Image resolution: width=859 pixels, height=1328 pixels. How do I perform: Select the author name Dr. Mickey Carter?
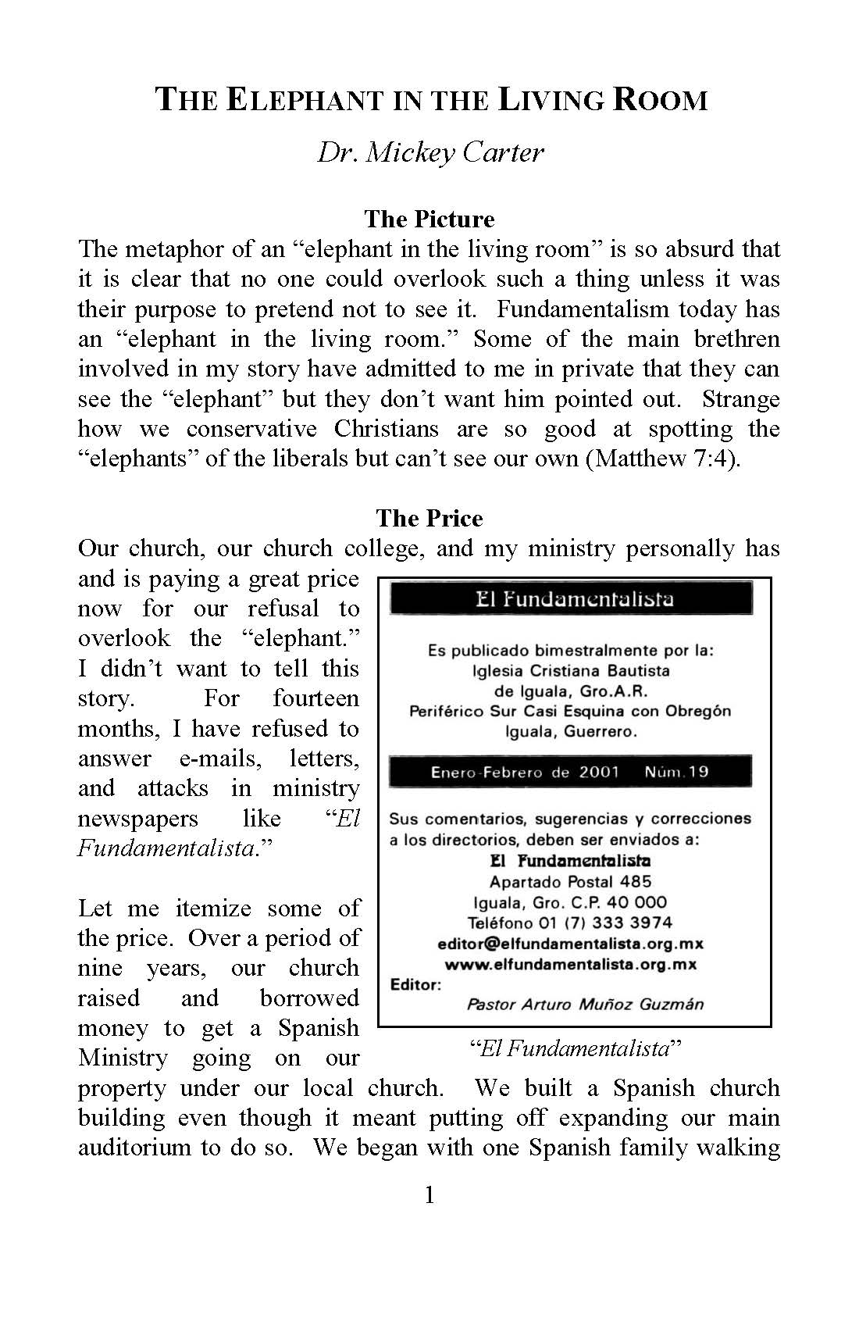click(x=430, y=152)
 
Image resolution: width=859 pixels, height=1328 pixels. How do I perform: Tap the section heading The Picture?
click(x=429, y=219)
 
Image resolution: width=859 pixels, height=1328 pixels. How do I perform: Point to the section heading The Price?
click(x=429, y=518)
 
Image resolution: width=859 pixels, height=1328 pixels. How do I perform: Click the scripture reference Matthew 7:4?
click(x=664, y=459)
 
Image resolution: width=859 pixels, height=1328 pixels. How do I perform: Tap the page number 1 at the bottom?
click(x=429, y=1195)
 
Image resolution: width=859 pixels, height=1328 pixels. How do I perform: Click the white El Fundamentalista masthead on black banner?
click(x=574, y=599)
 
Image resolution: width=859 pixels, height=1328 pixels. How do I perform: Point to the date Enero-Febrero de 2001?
click(x=525, y=773)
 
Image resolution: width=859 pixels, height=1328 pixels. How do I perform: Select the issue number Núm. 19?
click(x=676, y=773)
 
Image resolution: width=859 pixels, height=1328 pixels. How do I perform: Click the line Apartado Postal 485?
click(x=570, y=882)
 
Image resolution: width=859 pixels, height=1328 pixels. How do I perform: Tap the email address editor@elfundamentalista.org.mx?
click(x=570, y=944)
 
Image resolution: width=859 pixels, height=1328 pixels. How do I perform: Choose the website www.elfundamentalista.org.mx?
click(x=570, y=964)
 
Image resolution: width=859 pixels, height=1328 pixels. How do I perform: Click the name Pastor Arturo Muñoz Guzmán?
click(x=585, y=1005)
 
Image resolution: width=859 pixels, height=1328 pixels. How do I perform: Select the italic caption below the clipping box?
click(x=575, y=1048)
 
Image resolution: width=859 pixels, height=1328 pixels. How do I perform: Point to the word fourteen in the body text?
click(x=315, y=698)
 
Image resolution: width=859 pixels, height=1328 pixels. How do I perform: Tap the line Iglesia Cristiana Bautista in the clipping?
click(x=571, y=671)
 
